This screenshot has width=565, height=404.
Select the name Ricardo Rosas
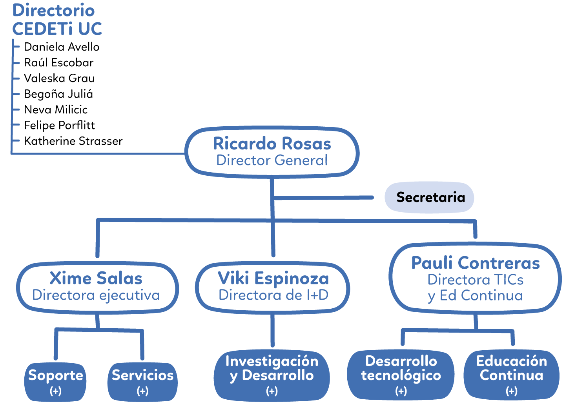click(272, 144)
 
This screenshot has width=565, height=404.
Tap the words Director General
click(272, 160)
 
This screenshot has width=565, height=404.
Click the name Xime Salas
click(96, 278)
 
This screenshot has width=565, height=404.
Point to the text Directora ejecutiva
click(96, 295)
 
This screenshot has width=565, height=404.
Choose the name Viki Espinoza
click(273, 278)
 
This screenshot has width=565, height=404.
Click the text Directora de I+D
click(273, 295)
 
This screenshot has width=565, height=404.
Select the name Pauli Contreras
click(475, 263)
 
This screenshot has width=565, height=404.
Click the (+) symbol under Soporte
click(55, 391)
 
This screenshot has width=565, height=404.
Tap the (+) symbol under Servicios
click(142, 391)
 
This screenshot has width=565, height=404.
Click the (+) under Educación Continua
click(511, 391)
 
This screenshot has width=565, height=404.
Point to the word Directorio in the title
click(53, 11)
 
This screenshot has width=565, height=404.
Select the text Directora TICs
click(475, 280)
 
